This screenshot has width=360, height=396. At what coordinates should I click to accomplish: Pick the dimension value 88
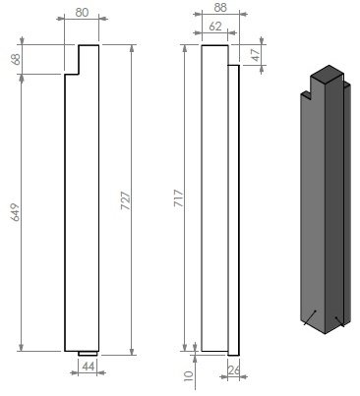pyautogui.click(x=219, y=8)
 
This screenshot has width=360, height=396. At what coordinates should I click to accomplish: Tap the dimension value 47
pyautogui.click(x=255, y=55)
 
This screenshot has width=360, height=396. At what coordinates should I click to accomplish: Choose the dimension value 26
pyautogui.click(x=234, y=370)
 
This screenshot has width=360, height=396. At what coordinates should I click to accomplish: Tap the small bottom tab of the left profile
pyautogui.click(x=88, y=353)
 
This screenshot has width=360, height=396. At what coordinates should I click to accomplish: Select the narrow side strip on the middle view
pyautogui.click(x=233, y=206)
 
